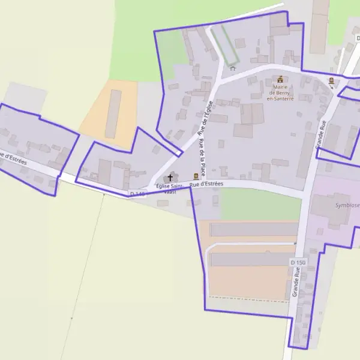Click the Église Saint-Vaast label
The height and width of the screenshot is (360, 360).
tap(170, 190)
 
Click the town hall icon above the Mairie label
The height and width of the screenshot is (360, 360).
tap(280, 79)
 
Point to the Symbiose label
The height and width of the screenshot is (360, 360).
tap(347, 205)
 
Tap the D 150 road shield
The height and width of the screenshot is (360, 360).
tap(298, 263)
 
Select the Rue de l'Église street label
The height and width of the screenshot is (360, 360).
tap(205, 118)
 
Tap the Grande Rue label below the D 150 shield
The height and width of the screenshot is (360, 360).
tap(295, 283)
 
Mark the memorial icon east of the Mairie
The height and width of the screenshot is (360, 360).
tap(331, 80)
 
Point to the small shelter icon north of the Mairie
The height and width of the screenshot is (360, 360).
tap(233, 68)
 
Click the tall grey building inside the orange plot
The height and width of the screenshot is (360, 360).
tap(113, 114)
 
